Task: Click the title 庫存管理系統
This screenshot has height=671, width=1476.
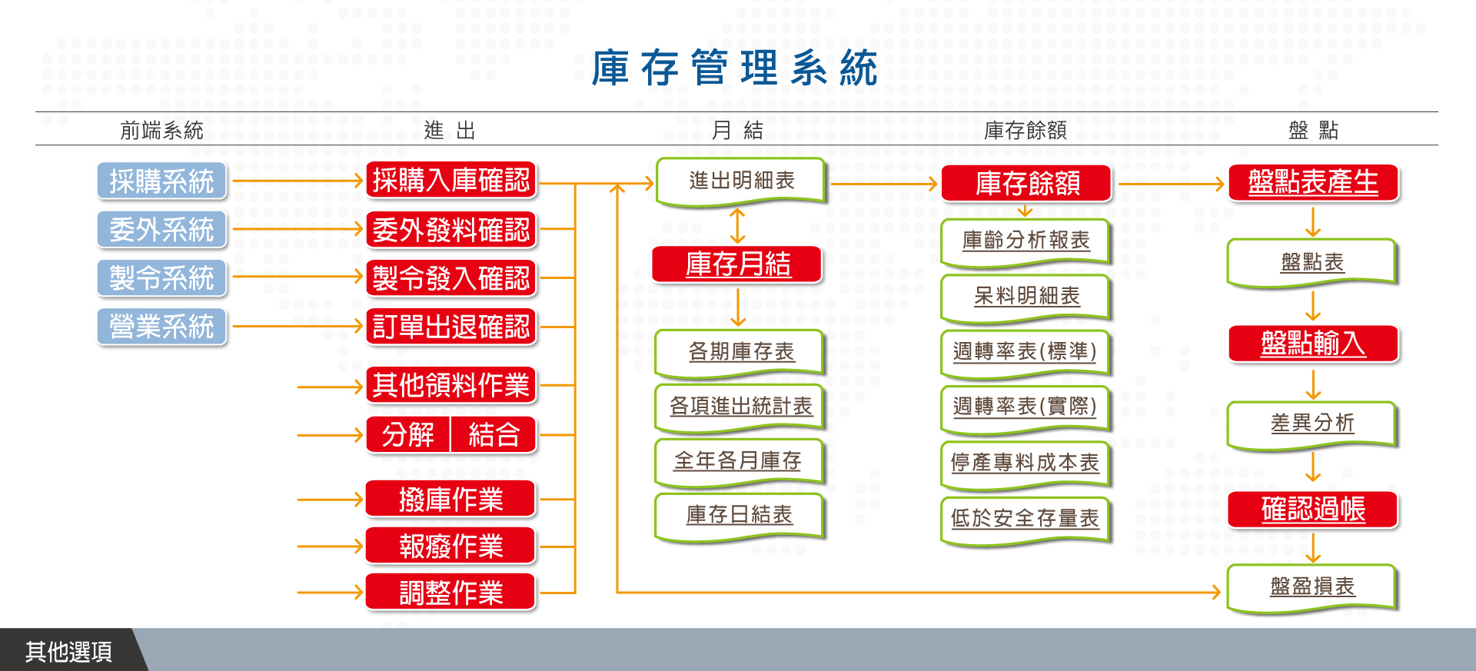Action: tap(734, 68)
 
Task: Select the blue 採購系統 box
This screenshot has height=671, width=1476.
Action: tap(161, 181)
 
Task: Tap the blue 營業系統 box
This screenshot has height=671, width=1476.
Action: tap(161, 327)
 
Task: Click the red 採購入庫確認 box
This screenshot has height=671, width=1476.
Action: tap(451, 181)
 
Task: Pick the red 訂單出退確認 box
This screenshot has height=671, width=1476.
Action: tap(451, 327)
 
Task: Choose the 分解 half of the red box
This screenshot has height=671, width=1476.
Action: tap(408, 435)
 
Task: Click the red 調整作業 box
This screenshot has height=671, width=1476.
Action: tap(451, 592)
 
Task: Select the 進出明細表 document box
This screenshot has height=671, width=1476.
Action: tap(741, 182)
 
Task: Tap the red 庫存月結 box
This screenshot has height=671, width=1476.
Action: tap(737, 264)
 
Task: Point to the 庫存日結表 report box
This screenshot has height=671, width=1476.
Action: tap(740, 517)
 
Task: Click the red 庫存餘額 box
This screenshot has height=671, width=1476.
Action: tap(1027, 184)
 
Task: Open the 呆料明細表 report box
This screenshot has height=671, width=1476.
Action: tap(1026, 298)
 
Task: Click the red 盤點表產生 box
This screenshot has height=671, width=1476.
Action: tap(1313, 183)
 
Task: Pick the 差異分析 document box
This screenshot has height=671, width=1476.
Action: tap(1312, 425)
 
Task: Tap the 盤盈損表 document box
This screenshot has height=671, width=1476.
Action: tap(1312, 589)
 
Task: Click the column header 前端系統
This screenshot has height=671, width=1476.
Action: tap(161, 131)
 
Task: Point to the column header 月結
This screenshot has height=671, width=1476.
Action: tap(737, 131)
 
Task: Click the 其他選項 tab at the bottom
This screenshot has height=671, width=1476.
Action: tap(69, 651)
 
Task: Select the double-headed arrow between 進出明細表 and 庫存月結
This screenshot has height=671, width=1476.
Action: tap(737, 226)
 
